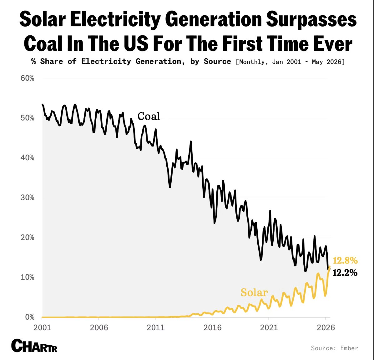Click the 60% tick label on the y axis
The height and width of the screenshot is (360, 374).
coord(27,78)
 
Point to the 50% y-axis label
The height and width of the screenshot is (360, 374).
coord(27,118)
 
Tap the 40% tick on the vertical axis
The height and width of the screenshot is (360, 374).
coord(27,158)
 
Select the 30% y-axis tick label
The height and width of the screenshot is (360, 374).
coord(27,198)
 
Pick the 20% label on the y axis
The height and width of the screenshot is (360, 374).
coord(27,238)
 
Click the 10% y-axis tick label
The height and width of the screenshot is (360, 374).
coord(27,277)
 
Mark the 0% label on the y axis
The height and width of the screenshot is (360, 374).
coord(30,317)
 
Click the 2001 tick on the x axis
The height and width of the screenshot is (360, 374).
coord(42,327)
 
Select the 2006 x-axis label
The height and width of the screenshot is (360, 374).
coord(99,327)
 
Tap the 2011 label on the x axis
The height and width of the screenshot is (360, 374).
coord(155,327)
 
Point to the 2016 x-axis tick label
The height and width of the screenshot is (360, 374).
coord(212,327)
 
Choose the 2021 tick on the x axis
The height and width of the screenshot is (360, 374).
coord(269,327)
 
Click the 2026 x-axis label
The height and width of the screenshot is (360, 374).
coord(326,327)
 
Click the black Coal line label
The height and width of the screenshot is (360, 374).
coord(149,116)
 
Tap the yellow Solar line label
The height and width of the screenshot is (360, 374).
coord(254,292)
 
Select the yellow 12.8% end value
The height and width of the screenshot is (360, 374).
coord(345,260)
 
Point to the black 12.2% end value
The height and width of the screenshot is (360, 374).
coord(345,273)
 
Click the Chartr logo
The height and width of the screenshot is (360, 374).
coord(34,346)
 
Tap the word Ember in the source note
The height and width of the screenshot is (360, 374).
coord(349,348)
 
